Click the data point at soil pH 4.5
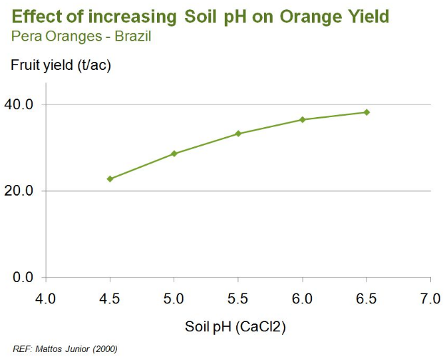click(110, 179)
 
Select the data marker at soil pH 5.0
click(174, 154)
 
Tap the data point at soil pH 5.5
click(238, 134)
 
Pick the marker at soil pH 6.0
click(302, 120)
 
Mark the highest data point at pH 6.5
click(367, 112)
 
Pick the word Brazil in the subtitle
click(132, 36)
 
